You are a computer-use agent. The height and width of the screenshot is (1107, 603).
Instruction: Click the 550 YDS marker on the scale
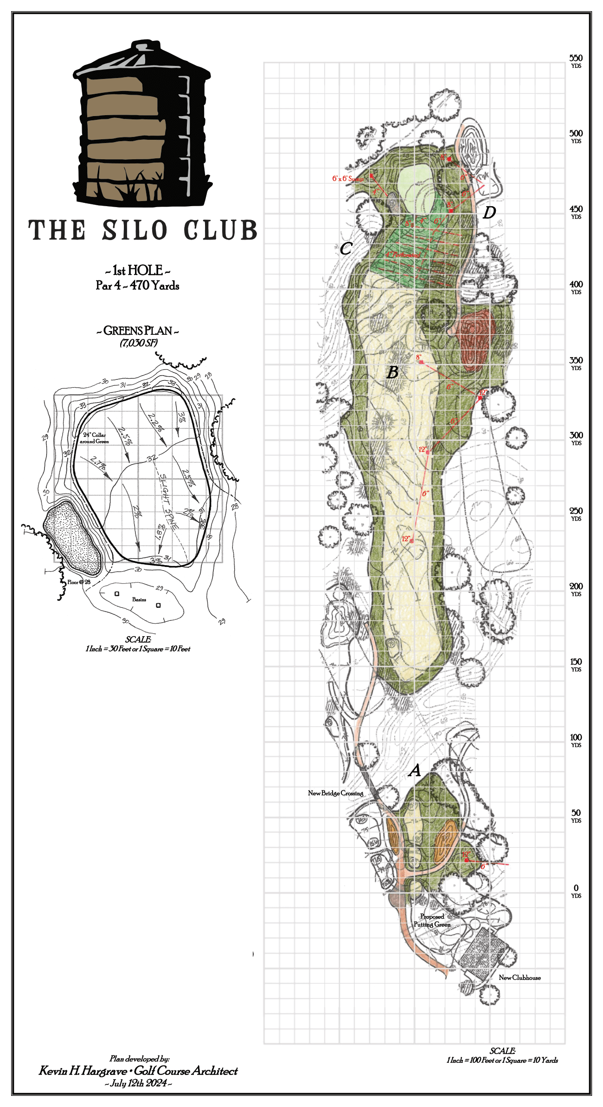tap(576, 60)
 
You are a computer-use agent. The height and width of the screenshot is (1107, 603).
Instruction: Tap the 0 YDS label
tap(576, 890)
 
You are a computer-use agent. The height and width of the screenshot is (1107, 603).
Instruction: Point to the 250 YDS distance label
tap(576, 513)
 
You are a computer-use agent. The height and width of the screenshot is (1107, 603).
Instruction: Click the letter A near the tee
tap(414, 770)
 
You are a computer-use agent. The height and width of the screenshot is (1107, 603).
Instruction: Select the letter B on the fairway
tap(392, 372)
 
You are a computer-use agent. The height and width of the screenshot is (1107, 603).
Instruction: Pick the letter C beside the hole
tap(346, 249)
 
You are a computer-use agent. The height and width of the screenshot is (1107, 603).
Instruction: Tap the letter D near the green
tap(489, 213)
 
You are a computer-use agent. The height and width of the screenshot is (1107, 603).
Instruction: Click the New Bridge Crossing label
tap(335, 793)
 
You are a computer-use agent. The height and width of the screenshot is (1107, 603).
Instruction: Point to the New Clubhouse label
tap(520, 977)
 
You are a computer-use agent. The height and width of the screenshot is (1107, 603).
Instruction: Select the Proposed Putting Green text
tap(432, 920)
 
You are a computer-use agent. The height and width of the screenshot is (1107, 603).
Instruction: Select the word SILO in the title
tap(135, 230)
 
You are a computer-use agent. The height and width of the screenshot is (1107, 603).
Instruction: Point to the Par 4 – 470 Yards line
tap(137, 285)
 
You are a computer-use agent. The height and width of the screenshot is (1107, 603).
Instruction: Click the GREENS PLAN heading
tap(137, 331)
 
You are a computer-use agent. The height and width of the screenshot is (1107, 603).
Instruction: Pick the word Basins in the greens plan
tap(139, 599)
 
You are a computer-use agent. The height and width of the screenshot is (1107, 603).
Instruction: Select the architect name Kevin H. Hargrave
tap(83, 1071)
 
